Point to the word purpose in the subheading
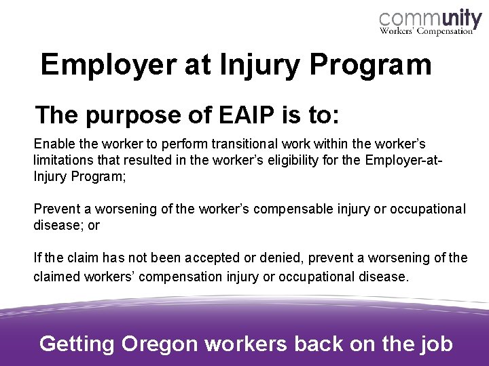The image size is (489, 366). tap(129, 115)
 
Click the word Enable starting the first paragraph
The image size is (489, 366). tap(52, 145)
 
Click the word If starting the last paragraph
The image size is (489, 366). tap(37, 258)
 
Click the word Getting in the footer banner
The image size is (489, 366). tap(77, 344)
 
